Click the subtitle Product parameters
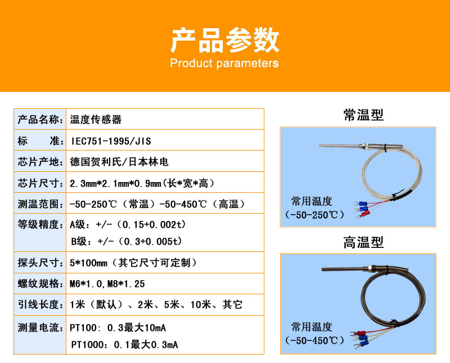click(x=224, y=63)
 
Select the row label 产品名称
click(x=39, y=119)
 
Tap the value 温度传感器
click(x=96, y=119)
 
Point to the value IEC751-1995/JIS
click(x=111, y=141)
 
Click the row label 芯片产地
click(x=39, y=162)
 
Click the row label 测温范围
click(x=39, y=204)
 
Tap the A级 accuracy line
click(x=128, y=225)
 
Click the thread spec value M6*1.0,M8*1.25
click(x=107, y=284)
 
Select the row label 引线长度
click(x=39, y=304)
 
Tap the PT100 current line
click(x=118, y=327)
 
